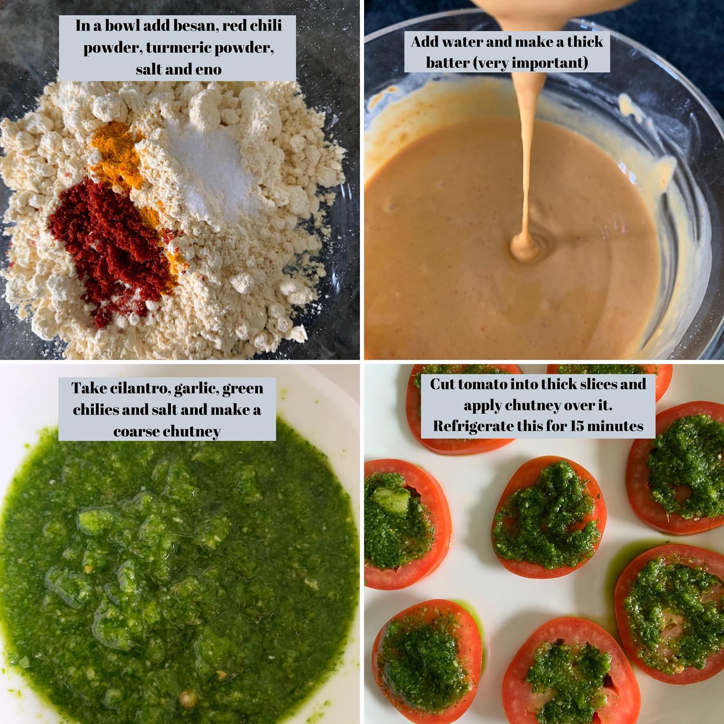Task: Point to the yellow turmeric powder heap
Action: [x=118, y=154]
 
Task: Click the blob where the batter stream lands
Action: [x=525, y=247]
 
